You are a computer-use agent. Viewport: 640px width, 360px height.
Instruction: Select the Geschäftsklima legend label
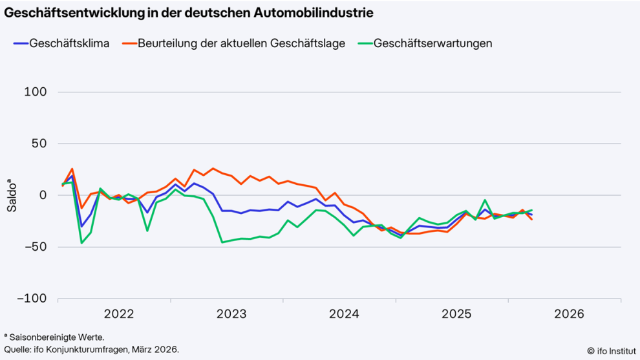click(x=69, y=43)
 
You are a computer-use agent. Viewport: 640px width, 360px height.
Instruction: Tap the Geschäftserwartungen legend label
click(x=432, y=43)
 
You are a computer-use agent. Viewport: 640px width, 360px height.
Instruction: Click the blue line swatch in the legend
click(x=20, y=43)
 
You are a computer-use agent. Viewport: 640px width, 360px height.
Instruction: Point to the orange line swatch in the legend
click(x=127, y=43)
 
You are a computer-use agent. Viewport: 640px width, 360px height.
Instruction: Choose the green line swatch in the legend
click(x=363, y=43)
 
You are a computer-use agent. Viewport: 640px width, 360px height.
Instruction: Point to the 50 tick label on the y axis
click(x=40, y=143)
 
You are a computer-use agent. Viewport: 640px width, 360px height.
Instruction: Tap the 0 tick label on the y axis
click(x=43, y=195)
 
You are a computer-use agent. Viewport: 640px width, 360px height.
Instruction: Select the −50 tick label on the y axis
click(x=36, y=247)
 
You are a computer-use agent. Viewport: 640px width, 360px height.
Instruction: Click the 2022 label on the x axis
click(x=119, y=314)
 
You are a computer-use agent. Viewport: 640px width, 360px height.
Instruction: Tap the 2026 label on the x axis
click(x=569, y=314)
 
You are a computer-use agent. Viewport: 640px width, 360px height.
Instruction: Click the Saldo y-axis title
click(x=12, y=195)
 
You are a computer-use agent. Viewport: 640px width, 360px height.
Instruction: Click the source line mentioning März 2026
click(x=91, y=349)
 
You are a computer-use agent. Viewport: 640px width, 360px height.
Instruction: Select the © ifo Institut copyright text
click(x=610, y=350)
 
